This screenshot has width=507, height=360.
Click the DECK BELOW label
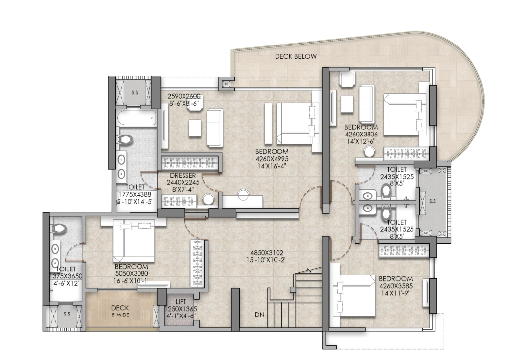tap(295, 57)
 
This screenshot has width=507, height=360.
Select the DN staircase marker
tap(260, 315)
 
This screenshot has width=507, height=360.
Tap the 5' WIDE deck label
tap(120, 315)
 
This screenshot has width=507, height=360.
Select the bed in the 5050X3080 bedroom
tap(134, 241)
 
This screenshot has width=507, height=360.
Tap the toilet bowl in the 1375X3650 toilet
tap(59, 228)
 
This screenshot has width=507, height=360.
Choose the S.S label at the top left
tap(135, 92)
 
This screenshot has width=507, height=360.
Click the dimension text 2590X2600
tap(184, 96)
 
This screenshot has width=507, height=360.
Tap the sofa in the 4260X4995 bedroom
tap(214, 128)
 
